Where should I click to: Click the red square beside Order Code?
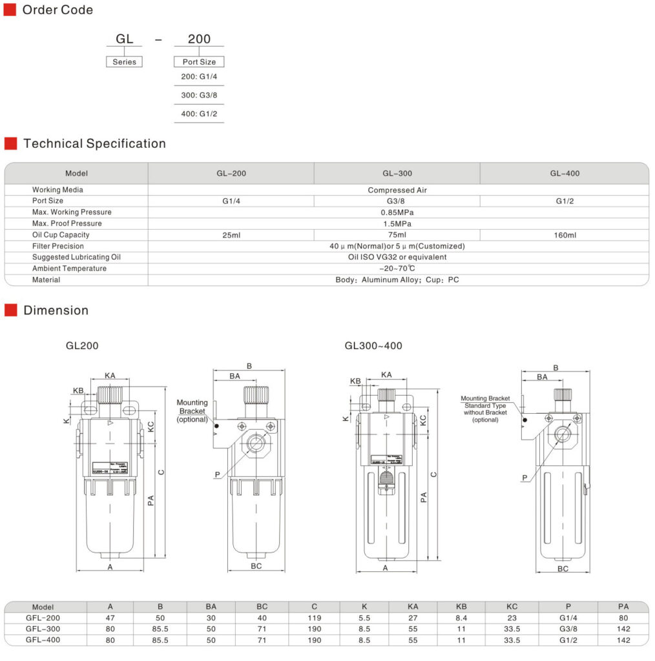pos(10,10)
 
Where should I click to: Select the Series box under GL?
pos(124,62)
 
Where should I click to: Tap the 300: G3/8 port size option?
pos(199,96)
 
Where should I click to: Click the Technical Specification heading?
pos(94,144)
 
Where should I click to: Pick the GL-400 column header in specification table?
pos(565,174)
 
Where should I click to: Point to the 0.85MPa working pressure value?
pos(398,212)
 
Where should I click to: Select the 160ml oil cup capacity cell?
pos(565,235)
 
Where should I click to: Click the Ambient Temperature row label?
pos(69,269)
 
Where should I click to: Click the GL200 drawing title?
pos(82,346)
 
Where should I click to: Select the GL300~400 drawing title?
pos(373,346)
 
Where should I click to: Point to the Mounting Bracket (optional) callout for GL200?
pos(192,411)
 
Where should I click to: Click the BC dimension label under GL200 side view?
pos(256,566)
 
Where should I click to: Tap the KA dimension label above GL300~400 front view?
pos(386,375)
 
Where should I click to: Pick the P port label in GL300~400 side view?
pos(525,478)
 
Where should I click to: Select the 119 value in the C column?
pos(315,618)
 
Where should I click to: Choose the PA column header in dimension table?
pos(623,607)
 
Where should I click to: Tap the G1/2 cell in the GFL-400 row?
pos(568,640)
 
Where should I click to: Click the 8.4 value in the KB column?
pos(461,618)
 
